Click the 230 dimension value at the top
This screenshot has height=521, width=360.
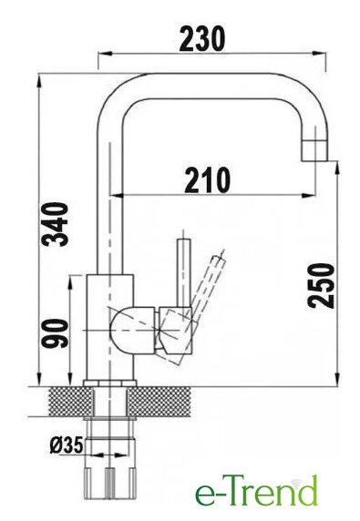[202, 39]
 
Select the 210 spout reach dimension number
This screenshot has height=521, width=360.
[208, 180]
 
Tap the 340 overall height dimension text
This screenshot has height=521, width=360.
[56, 224]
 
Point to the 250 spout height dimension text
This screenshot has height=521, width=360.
[321, 286]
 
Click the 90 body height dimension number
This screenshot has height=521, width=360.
[56, 333]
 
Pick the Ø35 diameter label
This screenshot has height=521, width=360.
[67, 445]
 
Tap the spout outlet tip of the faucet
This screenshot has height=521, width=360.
[314, 151]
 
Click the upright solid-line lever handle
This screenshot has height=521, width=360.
[184, 272]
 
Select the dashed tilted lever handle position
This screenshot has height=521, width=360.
[210, 282]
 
